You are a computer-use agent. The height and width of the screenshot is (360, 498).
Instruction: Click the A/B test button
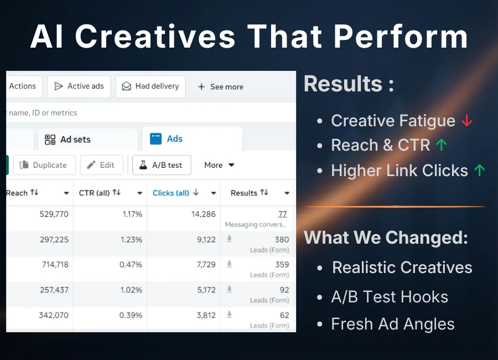click(x=162, y=165)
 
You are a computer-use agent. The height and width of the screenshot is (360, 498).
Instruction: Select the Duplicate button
click(x=44, y=165)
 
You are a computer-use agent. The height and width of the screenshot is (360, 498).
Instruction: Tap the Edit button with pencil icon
click(x=101, y=165)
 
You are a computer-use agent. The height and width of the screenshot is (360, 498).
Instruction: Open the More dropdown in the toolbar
click(x=219, y=165)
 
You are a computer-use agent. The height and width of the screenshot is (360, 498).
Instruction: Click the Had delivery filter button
click(x=151, y=86)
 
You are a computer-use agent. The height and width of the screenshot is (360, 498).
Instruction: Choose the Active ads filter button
click(x=79, y=86)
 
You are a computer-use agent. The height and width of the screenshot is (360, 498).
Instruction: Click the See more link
click(x=220, y=87)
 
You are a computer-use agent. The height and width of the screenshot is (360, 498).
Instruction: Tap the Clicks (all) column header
click(x=171, y=193)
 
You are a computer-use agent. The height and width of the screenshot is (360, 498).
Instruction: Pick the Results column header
click(x=244, y=193)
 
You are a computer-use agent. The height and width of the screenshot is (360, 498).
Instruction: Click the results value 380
click(x=282, y=239)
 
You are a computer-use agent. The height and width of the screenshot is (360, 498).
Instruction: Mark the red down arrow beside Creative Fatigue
click(x=467, y=121)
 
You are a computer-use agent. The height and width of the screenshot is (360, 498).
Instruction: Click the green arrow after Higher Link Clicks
click(x=479, y=171)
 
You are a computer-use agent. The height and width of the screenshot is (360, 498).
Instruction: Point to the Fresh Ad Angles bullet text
click(x=392, y=324)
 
